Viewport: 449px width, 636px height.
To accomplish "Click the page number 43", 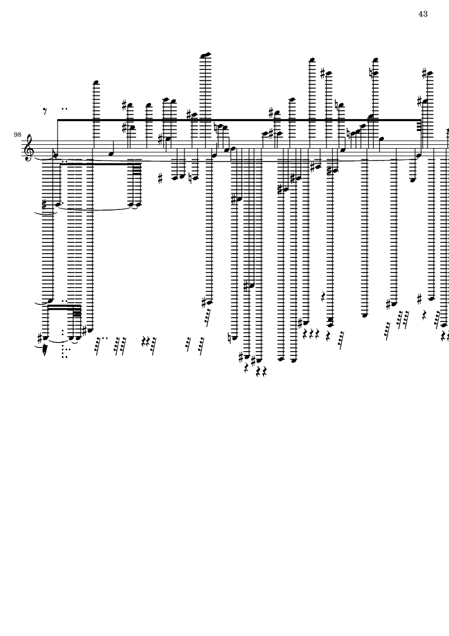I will tap(423, 14).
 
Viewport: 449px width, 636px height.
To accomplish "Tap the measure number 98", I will tap(18, 134).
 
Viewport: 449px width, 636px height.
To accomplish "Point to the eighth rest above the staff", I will tap(46, 111).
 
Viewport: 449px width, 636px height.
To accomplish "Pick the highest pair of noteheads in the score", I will tap(205, 54).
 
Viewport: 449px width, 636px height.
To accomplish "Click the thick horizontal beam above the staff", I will tap(237, 120).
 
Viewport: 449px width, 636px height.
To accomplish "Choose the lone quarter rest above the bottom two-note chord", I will tap(324, 296).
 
